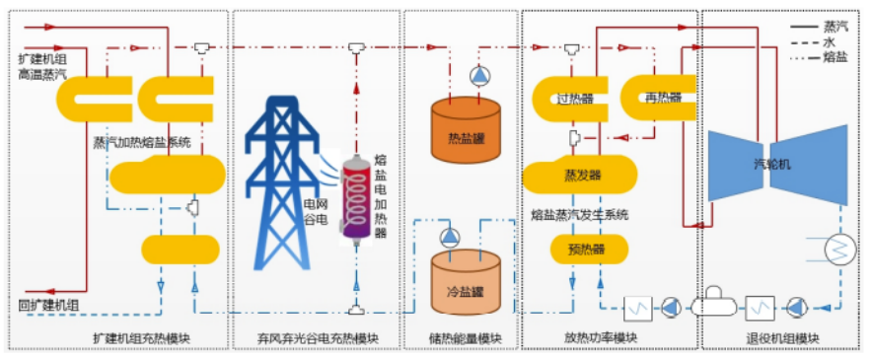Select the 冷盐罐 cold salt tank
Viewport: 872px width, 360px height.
[x=468, y=284]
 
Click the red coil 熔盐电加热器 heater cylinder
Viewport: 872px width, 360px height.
[x=354, y=197]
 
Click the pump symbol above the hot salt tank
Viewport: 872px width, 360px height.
[x=478, y=76]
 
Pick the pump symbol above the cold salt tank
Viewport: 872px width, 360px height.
[x=451, y=236]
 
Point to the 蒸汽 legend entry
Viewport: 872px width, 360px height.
[x=826, y=22]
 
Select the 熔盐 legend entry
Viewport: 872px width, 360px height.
[x=826, y=57]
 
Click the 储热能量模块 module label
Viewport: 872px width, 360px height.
[x=465, y=339]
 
